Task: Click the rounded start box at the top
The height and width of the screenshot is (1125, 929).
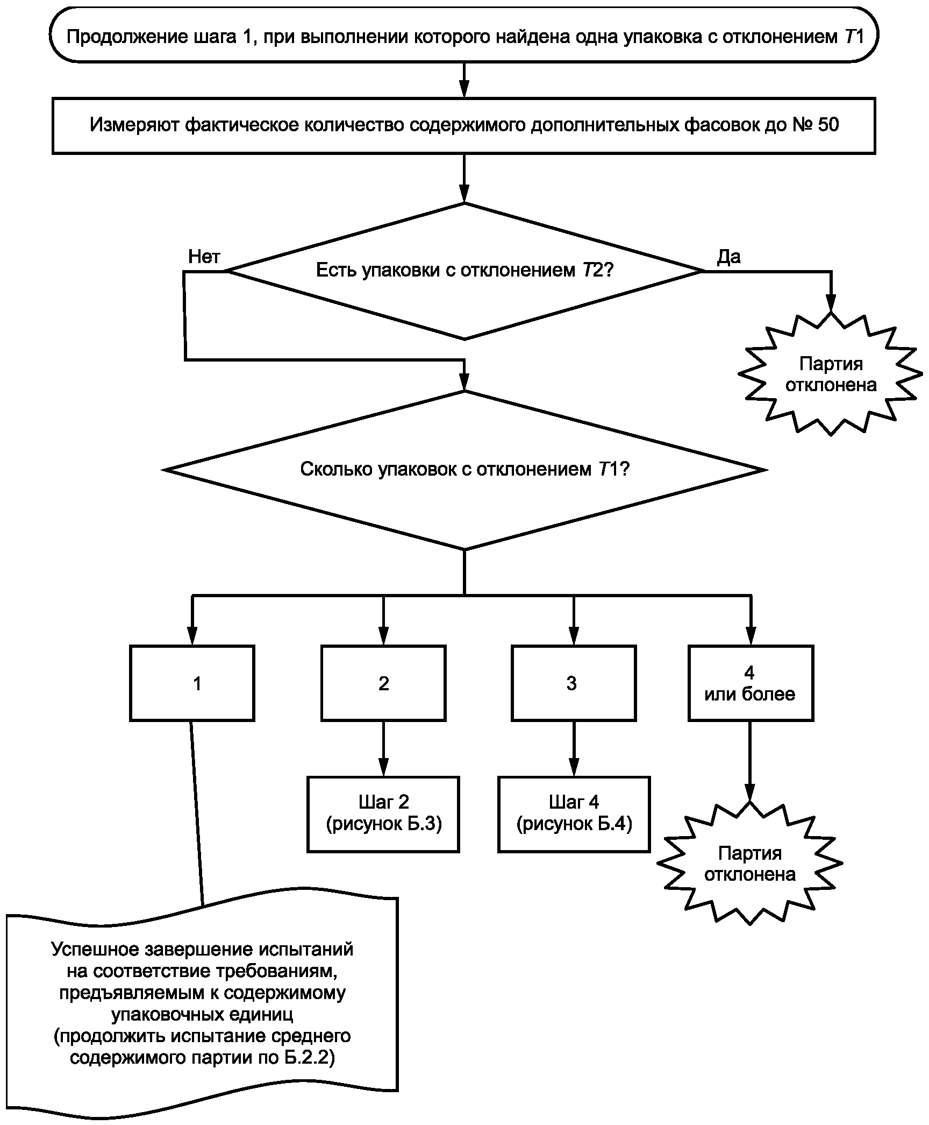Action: [464, 36]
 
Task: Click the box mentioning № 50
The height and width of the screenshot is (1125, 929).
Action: [464, 125]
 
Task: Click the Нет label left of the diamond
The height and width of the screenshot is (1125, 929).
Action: [204, 257]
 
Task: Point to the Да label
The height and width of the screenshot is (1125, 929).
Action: [728, 257]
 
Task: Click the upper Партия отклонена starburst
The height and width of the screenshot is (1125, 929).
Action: [831, 374]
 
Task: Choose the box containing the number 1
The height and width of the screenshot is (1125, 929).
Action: [192, 683]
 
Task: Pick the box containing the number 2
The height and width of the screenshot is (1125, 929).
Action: [383, 683]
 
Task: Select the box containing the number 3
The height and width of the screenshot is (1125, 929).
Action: [574, 683]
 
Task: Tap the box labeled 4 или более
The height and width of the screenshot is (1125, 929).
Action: [751, 683]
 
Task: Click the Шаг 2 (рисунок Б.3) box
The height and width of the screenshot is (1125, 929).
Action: [383, 814]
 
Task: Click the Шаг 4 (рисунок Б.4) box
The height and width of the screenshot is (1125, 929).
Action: [574, 814]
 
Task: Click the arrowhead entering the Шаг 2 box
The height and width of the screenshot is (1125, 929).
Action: [383, 768]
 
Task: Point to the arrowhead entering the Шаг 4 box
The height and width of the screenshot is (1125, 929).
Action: [574, 768]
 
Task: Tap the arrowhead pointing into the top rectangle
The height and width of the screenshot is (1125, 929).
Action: [464, 89]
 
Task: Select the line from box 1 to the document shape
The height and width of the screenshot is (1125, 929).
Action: [197, 812]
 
